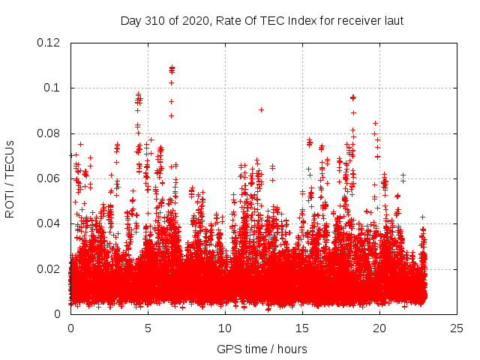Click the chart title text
coord(262,21)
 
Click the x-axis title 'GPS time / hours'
coord(262,349)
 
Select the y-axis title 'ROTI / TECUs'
coord(10,178)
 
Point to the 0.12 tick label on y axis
coord(49,43)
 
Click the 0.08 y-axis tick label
coord(49,133)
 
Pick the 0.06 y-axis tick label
coord(49,178)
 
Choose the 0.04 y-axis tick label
coord(49,223)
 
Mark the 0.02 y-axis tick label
coord(49,269)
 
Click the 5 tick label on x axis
coord(148,328)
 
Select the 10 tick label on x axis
coord(225,328)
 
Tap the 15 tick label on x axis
coord(302,328)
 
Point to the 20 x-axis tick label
coord(379,328)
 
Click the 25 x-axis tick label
coord(457,328)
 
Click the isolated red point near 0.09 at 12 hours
coord(261,109)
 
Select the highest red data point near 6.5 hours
coord(172,67)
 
